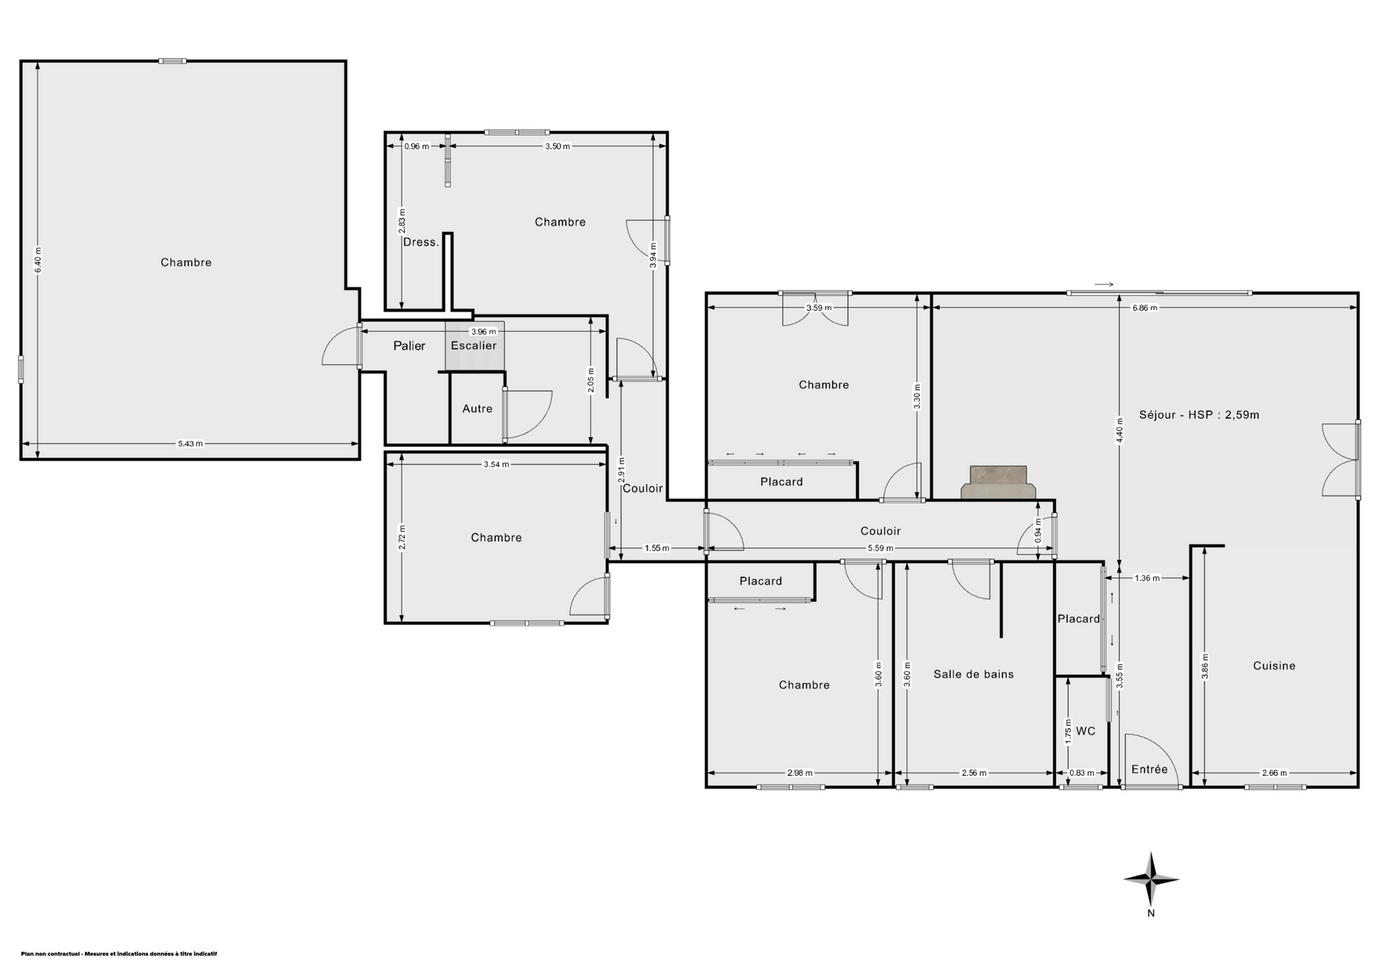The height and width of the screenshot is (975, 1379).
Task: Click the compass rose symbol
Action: click(x=1151, y=879)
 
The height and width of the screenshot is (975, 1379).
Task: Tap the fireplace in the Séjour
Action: click(x=998, y=482)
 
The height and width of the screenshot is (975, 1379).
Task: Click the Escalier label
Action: click(x=473, y=345)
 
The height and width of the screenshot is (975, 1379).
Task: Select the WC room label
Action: click(x=1086, y=731)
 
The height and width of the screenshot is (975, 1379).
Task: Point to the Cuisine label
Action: click(x=1274, y=666)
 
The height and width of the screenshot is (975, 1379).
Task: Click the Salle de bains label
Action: click(x=973, y=673)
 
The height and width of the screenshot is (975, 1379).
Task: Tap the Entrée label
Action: click(x=1149, y=769)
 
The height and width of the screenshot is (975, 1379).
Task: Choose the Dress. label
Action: click(x=421, y=242)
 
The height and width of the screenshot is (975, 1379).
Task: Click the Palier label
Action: click(x=409, y=345)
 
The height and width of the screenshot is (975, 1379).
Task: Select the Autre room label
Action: click(x=478, y=409)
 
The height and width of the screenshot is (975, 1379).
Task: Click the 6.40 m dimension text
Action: click(x=39, y=260)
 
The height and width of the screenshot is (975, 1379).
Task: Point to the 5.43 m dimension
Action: click(x=190, y=444)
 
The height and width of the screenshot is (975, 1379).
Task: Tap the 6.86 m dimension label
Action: click(x=1145, y=308)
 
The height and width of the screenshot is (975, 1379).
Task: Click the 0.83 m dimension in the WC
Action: click(x=1082, y=773)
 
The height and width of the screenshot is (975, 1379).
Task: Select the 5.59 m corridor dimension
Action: click(x=881, y=549)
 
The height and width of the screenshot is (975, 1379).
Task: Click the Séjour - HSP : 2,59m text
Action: click(x=1199, y=414)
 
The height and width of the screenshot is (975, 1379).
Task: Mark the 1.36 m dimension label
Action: click(x=1147, y=578)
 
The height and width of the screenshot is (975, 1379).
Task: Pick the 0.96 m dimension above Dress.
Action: click(x=417, y=146)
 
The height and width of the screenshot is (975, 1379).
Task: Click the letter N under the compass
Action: click(x=1151, y=913)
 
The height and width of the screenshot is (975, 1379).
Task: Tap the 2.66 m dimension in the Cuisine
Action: click(x=1274, y=773)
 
